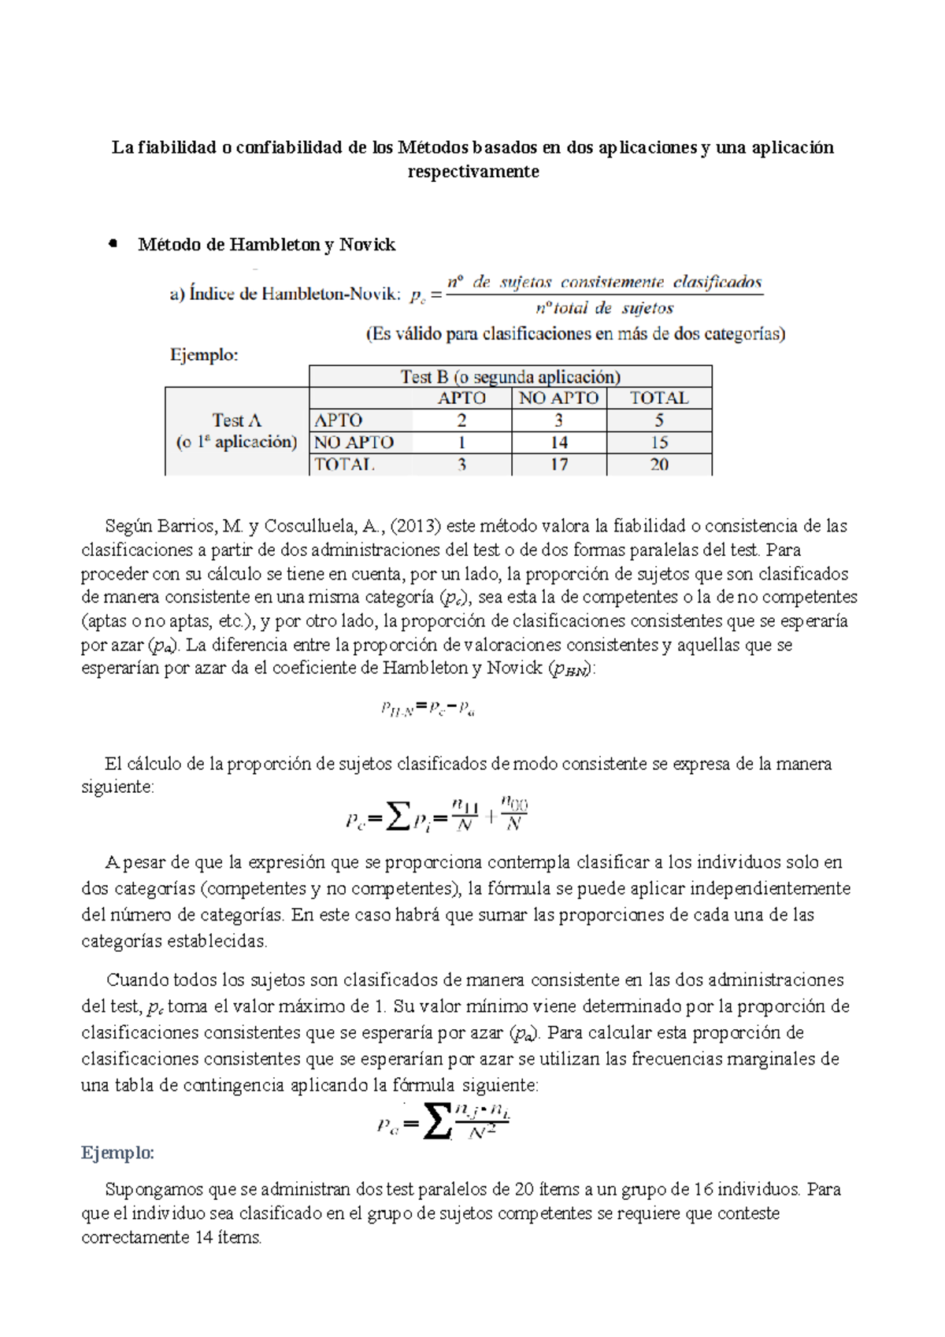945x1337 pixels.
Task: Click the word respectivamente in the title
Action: pos(473,172)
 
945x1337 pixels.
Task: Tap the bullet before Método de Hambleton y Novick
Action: pos(113,244)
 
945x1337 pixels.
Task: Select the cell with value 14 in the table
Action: pos(559,443)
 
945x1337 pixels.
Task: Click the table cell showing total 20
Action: pos(659,465)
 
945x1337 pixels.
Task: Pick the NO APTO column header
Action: pos(559,398)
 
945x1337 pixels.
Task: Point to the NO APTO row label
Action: pos(354,443)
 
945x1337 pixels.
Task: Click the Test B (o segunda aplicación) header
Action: pos(510,376)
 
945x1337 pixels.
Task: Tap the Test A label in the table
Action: pos(236,420)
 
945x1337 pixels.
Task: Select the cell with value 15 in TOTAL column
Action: pos(659,443)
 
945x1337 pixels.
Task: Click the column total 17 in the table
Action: pos(559,465)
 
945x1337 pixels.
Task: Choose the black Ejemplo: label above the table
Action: pos(204,355)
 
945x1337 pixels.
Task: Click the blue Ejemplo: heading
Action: pos(118,1154)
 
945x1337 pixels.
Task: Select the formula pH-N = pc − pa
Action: pos(428,709)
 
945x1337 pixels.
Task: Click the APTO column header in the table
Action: pos(461,398)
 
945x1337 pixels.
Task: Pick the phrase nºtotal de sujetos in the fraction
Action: pos(604,309)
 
